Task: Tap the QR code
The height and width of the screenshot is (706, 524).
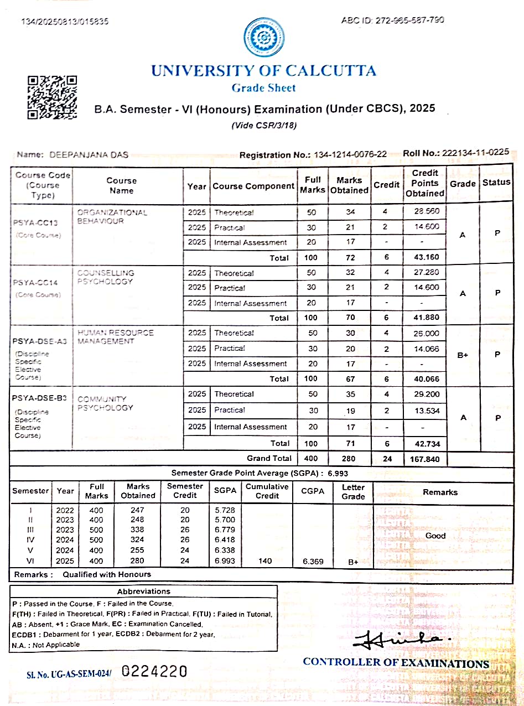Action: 52,97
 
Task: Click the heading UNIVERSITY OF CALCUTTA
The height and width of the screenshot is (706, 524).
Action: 263,71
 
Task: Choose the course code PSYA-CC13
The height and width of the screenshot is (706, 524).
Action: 35,223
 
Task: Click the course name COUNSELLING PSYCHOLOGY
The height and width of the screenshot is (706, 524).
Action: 105,277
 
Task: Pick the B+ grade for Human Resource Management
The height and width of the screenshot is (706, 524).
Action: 463,356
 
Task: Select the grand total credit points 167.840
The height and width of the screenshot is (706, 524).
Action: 425,459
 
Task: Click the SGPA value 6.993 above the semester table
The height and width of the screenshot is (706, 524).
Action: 339,474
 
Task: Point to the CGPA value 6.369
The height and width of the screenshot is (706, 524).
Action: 313,561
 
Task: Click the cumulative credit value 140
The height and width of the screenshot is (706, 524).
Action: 265,561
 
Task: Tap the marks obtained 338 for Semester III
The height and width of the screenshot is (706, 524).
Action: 137,530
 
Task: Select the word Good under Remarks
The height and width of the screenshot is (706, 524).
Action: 435,536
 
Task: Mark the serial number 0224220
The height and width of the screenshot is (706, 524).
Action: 154,672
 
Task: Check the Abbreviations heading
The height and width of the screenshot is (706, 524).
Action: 144,591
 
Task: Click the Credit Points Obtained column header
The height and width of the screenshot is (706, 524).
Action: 425,183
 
